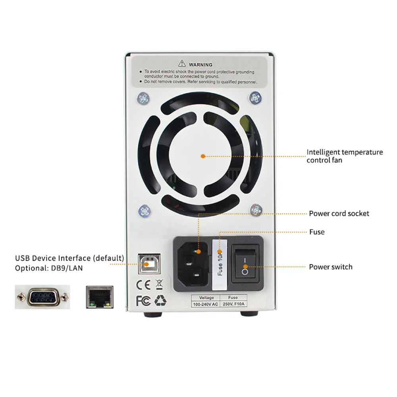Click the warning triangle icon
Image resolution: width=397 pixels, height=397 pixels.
pyautogui.click(x=182, y=64)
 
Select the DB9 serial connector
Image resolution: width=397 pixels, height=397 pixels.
pyautogui.click(x=42, y=297)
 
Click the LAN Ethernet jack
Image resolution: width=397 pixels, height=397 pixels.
pyautogui.click(x=100, y=297)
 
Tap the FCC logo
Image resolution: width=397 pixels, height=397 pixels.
pyautogui.click(x=143, y=301)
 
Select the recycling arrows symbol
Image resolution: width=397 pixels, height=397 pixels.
pyautogui.click(x=161, y=301)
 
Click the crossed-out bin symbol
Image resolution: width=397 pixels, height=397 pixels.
pyautogui.click(x=159, y=284)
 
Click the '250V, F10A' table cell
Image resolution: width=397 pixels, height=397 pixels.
pyautogui.click(x=233, y=304)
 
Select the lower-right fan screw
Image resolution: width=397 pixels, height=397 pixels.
pyautogui.click(x=256, y=210)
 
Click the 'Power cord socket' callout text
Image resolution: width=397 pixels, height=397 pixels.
pyautogui.click(x=339, y=214)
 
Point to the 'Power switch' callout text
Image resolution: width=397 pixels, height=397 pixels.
pyautogui.click(x=331, y=267)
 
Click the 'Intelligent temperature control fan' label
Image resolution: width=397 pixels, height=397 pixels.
pyautogui.click(x=345, y=156)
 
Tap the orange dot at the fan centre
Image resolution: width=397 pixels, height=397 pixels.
pyautogui.click(x=203, y=156)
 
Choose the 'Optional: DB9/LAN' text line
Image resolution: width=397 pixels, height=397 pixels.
pyautogui.click(x=49, y=268)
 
